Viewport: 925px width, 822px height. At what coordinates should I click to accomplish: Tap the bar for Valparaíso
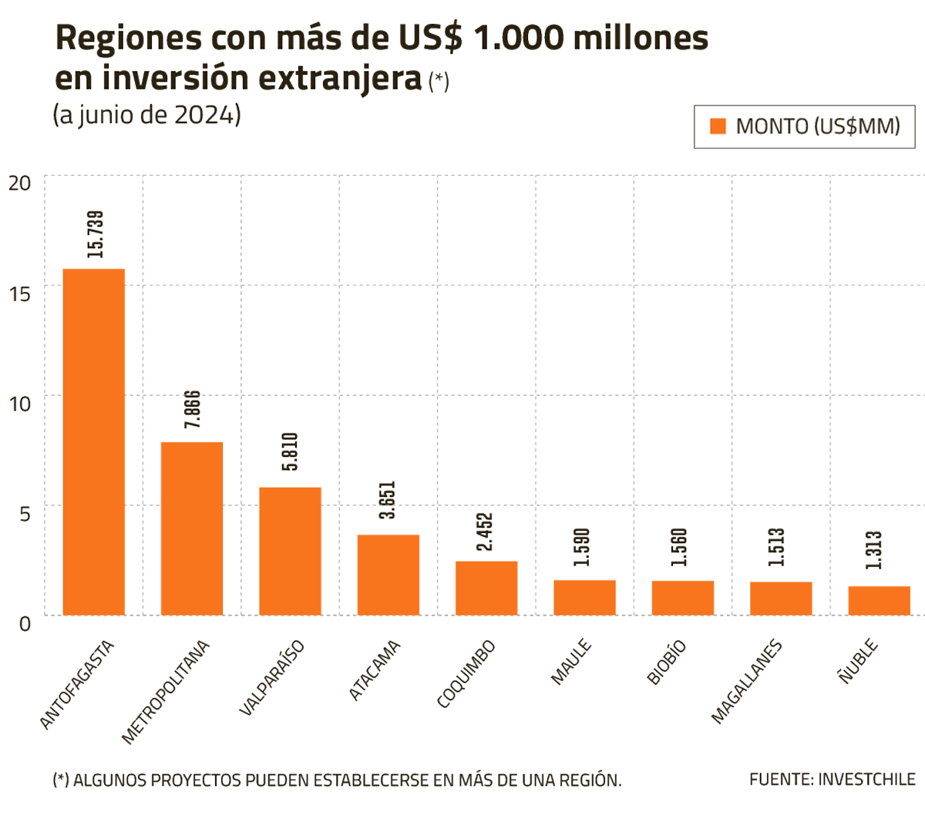click(290, 551)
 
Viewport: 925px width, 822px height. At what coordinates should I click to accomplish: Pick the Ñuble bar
click(879, 601)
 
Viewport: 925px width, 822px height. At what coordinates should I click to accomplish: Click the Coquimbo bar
click(486, 588)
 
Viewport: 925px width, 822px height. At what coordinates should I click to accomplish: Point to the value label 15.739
click(96, 233)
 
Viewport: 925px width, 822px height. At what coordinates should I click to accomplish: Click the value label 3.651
click(388, 500)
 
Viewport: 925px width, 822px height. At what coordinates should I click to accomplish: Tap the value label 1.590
click(582, 547)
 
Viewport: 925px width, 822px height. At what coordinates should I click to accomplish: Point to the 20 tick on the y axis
click(20, 183)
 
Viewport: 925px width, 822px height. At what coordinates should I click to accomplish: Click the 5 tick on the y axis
click(25, 513)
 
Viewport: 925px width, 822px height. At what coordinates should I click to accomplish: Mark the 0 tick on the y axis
click(25, 623)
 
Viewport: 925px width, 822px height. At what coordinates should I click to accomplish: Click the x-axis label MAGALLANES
click(746, 682)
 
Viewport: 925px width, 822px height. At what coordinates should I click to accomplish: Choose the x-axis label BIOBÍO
click(667, 663)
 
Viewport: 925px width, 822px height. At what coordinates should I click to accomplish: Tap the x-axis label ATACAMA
click(375, 670)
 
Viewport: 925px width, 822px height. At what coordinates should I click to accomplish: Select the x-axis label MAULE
click(571, 662)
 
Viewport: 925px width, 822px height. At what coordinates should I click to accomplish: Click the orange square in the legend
click(718, 126)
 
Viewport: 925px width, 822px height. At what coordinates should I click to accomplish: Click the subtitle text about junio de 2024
click(146, 115)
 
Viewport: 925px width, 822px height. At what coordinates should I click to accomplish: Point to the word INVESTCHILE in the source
click(866, 780)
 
